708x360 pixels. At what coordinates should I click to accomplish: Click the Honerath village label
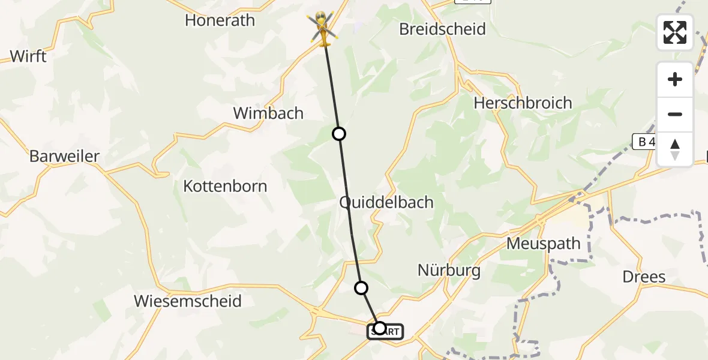[x=220, y=20]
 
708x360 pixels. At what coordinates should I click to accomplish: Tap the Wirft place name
[x=28, y=57]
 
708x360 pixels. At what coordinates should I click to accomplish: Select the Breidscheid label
[x=443, y=29]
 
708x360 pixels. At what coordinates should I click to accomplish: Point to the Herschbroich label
[x=523, y=103]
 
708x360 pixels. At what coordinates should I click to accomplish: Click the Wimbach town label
[x=268, y=113]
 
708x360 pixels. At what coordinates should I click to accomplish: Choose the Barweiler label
[x=64, y=157]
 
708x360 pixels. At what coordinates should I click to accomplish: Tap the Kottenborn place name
[x=225, y=187]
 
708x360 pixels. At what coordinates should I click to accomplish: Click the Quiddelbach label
[x=386, y=203]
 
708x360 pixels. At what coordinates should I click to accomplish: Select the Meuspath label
[x=544, y=244]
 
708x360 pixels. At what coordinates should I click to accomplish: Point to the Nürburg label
[x=449, y=271]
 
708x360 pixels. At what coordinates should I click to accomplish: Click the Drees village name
[x=644, y=277]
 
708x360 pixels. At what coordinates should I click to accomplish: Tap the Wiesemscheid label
[x=188, y=301]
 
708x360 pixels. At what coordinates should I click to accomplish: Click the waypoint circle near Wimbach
[x=339, y=134]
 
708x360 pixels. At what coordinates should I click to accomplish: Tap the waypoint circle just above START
[x=361, y=288]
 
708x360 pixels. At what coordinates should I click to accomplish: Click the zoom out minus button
[x=675, y=115]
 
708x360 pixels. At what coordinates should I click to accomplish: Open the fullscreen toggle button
[x=675, y=32]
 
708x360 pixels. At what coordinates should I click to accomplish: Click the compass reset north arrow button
[x=675, y=149]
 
